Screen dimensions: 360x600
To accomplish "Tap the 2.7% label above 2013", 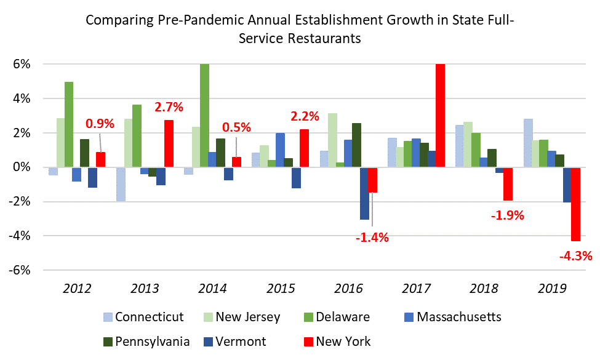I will [x=169, y=106].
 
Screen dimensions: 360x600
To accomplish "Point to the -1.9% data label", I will [x=508, y=215].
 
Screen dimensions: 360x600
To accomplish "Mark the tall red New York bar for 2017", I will [x=439, y=115].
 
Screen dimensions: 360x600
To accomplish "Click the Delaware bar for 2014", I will [x=204, y=115].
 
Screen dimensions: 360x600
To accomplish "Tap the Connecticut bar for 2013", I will [x=121, y=184].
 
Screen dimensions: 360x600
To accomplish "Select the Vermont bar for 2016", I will [x=364, y=193].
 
